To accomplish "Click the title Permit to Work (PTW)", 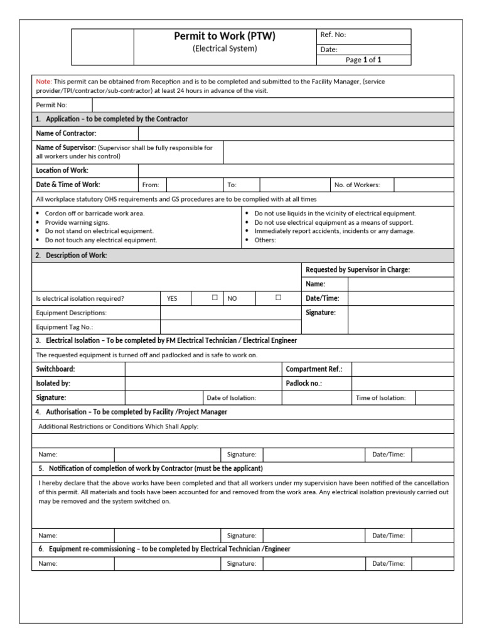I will point(224,36).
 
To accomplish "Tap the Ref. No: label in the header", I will point(333,35).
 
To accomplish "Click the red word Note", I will point(43,82).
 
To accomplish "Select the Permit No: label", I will point(51,105).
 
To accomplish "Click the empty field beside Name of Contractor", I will point(295,133).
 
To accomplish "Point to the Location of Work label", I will point(62,170).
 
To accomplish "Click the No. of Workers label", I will point(356,185).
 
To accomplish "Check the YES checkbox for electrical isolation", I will point(215,298).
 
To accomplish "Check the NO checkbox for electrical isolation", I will point(278,298).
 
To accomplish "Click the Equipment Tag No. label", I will point(65,327).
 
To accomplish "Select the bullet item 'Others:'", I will point(265,240).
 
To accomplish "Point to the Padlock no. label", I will point(304,383).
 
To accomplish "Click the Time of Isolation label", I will point(380,397).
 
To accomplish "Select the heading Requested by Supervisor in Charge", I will point(357,269).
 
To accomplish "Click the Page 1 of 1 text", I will point(363,60).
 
